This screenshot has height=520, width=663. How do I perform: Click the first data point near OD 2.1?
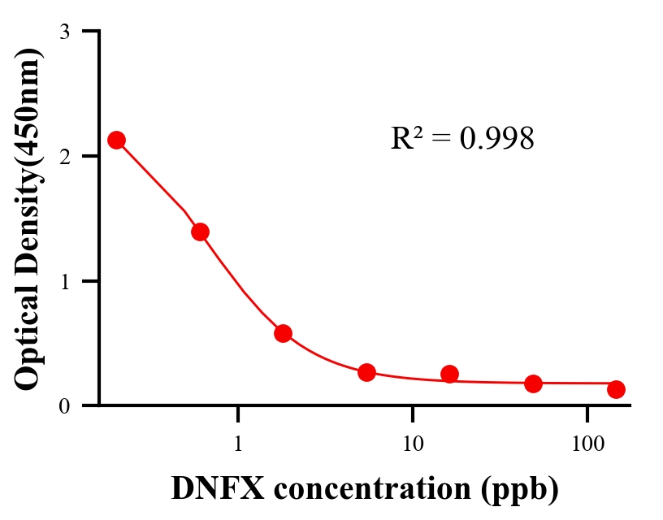[117, 140]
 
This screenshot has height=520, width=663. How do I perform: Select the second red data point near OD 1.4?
[201, 232]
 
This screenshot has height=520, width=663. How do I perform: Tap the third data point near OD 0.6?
[284, 333]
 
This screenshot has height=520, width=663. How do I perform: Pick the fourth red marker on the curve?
[366, 372]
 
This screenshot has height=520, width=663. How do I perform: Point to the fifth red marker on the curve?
[450, 374]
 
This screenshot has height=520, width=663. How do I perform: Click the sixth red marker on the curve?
[533, 383]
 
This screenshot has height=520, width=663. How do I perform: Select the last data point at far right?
[616, 389]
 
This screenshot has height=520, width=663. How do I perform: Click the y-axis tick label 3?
[64, 32]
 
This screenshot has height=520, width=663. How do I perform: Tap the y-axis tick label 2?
[64, 157]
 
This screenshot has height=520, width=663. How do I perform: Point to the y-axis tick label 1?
[64, 281]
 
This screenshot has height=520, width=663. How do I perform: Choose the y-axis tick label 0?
[64, 406]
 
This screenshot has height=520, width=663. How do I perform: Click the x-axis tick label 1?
[238, 444]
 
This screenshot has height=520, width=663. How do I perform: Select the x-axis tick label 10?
[413, 444]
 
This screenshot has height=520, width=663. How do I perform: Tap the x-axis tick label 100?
[587, 444]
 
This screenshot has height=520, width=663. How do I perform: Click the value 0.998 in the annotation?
[497, 139]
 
